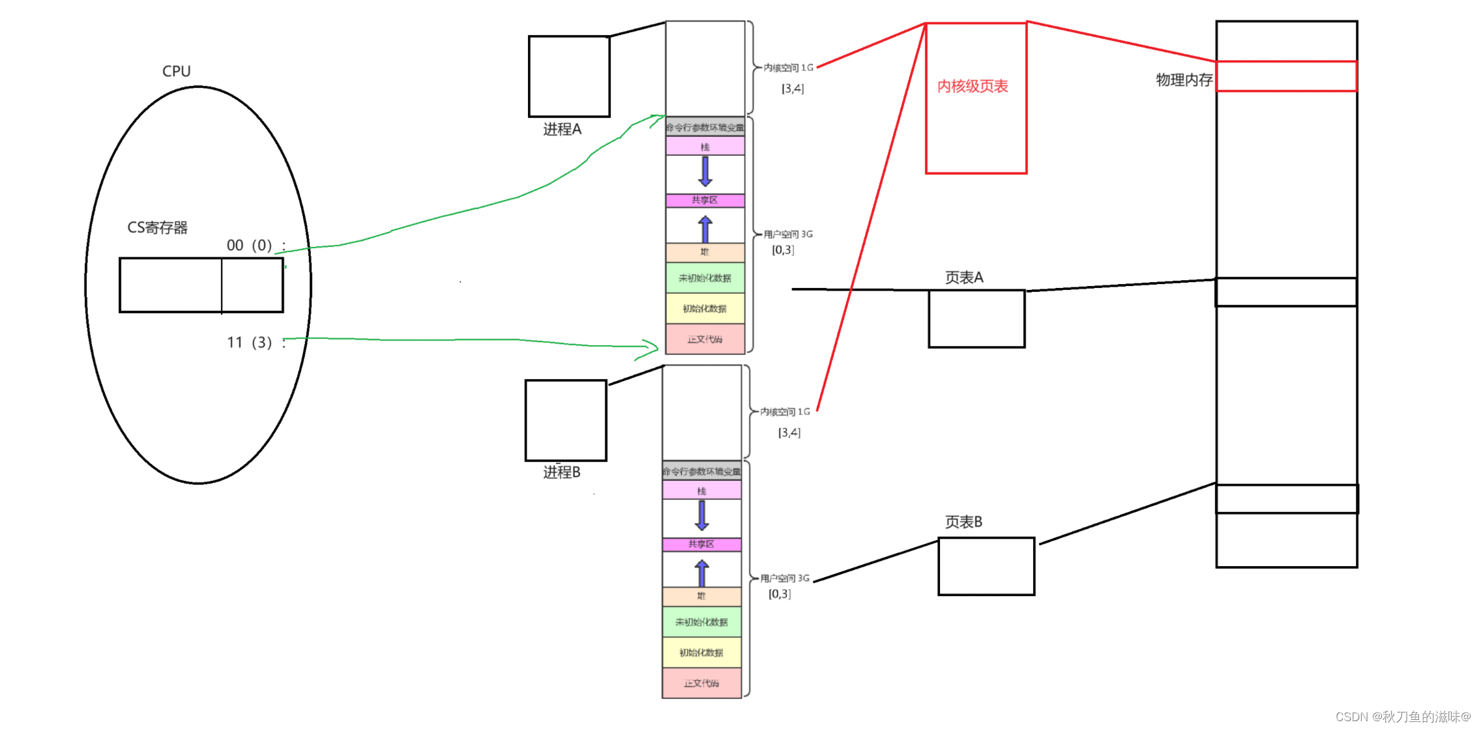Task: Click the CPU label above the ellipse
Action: [176, 71]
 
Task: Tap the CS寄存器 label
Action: [157, 227]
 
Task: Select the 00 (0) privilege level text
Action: [249, 245]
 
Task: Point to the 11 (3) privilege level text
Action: [249, 342]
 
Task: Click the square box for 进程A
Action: [569, 76]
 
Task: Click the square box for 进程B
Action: [566, 420]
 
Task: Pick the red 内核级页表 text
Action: [973, 86]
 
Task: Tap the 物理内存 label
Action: [1184, 79]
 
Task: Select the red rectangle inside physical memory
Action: [1286, 76]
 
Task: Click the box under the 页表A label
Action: [976, 319]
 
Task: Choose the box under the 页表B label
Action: [986, 566]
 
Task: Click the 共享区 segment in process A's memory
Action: [705, 201]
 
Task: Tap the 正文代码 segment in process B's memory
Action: [701, 683]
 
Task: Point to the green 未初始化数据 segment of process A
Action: [705, 278]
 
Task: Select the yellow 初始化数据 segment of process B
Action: [701, 653]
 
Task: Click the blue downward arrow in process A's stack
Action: [705, 171]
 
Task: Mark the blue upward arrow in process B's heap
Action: [701, 573]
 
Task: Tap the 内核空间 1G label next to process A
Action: [788, 68]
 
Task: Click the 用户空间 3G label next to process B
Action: [785, 578]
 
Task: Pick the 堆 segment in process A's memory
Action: [705, 252]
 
